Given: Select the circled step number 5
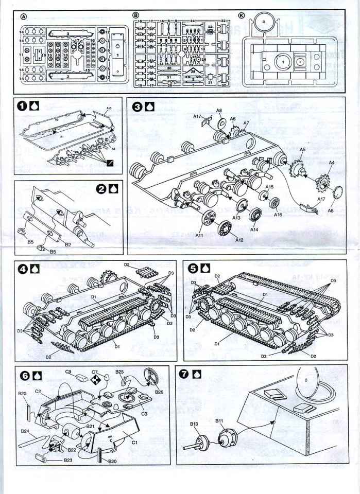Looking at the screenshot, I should point(193,268).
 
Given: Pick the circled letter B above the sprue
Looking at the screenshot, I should point(136,16).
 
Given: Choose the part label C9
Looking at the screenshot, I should point(68,372).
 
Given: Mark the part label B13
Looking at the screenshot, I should point(194,424).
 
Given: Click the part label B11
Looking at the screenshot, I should point(218,420).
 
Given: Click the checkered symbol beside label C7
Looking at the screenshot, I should point(95,380).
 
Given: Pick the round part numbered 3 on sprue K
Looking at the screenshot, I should point(263,22).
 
